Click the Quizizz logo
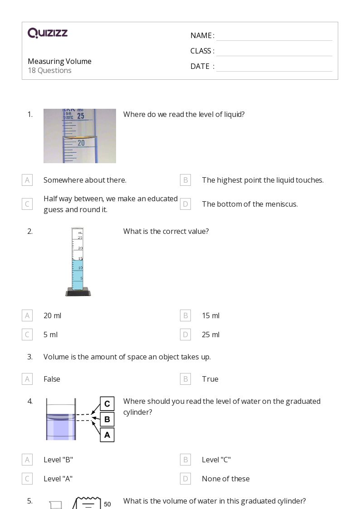point(48,33)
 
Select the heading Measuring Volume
point(59,61)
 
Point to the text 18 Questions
point(49,70)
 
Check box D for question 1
point(185,204)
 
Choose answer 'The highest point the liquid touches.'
point(263,180)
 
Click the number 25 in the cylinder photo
point(81,116)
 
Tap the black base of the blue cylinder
point(78,292)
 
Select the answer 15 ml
point(210,315)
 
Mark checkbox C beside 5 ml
point(27,334)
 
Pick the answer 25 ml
point(210,334)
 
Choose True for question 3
point(210,379)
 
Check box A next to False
point(27,379)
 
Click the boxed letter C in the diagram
point(107,404)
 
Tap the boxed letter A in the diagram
point(107,435)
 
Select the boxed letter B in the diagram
point(107,419)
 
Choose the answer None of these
point(225,479)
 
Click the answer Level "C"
point(216,460)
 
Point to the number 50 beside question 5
point(107,504)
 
